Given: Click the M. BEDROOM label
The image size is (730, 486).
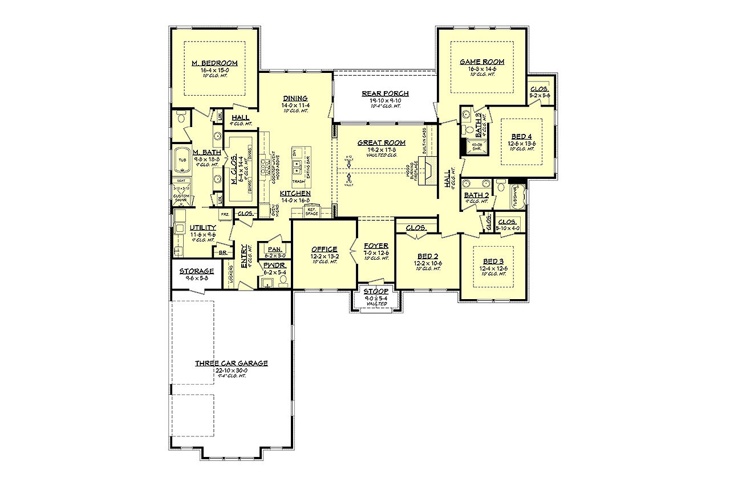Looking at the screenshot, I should coord(214,63).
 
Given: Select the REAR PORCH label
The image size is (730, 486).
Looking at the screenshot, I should coord(385,93).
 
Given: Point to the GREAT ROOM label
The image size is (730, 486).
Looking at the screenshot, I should coord(382,143).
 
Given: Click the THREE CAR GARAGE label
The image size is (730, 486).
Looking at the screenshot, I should coord(231,363).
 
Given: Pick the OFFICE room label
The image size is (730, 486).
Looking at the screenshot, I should coord(324,249).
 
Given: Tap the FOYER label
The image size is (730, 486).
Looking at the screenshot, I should coord(376,246).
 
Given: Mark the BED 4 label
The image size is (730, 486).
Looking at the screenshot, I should coord(522,137).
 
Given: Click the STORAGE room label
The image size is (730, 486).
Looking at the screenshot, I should coord(197,271).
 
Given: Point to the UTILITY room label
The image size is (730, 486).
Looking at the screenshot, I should coord(203,227).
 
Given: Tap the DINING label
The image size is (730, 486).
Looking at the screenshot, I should coord(294,98).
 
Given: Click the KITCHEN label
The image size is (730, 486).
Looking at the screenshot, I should coord(295,193).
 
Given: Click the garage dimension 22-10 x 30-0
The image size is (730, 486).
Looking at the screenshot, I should coord(231,370).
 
